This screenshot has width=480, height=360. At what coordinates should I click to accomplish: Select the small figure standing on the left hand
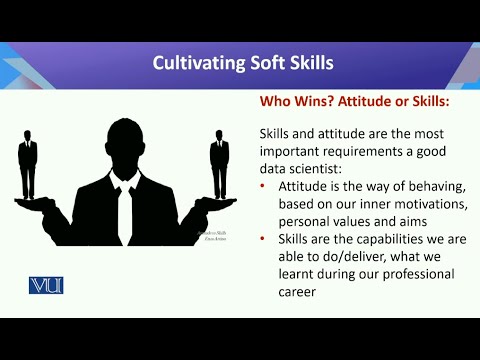point(27,159)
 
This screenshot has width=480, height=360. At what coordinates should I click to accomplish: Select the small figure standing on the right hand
point(219,159)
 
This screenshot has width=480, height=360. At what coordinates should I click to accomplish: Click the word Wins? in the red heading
point(312,101)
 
